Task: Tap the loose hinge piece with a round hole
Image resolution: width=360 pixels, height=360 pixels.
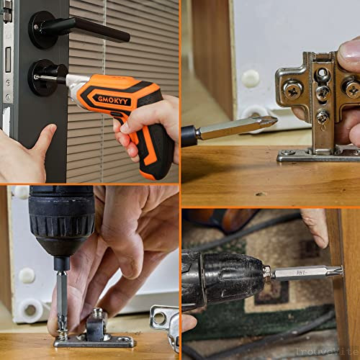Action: (x=163, y=321)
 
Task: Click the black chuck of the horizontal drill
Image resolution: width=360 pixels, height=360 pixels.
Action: (x=230, y=274)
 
